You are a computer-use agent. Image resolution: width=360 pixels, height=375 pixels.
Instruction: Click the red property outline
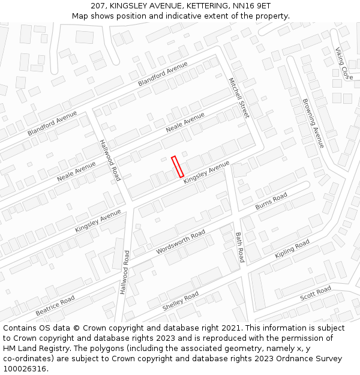[178, 167]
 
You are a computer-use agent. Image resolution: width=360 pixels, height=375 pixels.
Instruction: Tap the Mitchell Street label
[238, 97]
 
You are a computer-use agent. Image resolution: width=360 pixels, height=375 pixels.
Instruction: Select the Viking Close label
[344, 64]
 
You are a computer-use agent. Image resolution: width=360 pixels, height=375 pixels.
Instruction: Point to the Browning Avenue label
[313, 124]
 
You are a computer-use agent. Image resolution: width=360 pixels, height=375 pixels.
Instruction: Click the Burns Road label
[271, 201]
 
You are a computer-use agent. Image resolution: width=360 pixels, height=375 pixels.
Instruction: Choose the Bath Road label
[240, 247]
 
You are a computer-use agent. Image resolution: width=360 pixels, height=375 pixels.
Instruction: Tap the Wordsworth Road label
[181, 241]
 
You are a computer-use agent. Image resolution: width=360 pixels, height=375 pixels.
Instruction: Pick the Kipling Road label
[292, 248]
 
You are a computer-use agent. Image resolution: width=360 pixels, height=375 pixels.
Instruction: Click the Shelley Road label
[181, 301]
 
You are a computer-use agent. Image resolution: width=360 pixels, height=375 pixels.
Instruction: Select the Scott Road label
[316, 293]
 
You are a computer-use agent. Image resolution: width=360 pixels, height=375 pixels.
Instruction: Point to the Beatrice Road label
[55, 305]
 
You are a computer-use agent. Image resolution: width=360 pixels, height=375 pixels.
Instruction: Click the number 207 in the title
[98, 5]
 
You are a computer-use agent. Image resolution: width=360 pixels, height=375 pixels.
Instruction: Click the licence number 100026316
[25, 369]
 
